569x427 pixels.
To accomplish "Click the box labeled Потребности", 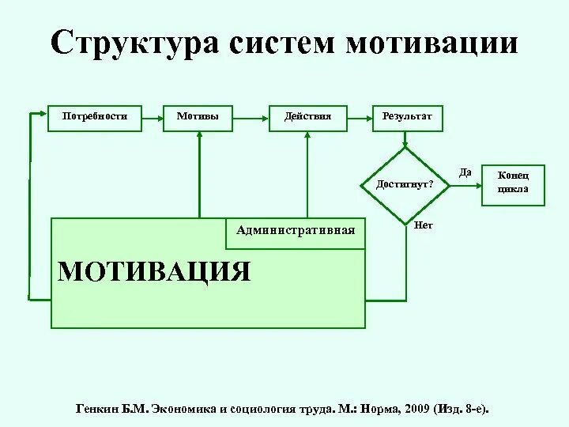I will coord(95,117).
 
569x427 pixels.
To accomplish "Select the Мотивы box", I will coord(198,117).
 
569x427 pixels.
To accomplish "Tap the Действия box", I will coord(307,117).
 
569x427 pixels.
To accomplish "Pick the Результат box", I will coord(407,117).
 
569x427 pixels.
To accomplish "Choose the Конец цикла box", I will coord(513,183).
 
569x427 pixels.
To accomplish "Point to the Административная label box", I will coord(296,231).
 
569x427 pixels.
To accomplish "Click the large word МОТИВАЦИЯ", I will coord(154,271).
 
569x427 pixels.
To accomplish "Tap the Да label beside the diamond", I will coord(465,172).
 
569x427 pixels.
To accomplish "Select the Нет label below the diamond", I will coord(423,225).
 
